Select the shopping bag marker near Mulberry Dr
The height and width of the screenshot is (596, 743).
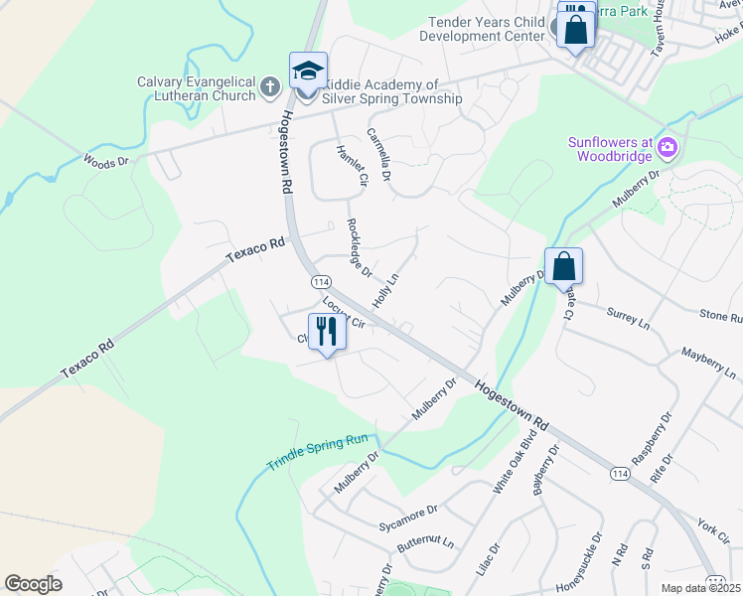point(563,267)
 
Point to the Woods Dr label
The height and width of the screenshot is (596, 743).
point(106,160)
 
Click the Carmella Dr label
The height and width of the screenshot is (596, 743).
point(379,153)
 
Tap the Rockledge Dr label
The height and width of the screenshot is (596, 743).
point(359,247)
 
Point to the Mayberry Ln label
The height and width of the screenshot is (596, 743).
point(708,364)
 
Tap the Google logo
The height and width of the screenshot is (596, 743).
point(33,583)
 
